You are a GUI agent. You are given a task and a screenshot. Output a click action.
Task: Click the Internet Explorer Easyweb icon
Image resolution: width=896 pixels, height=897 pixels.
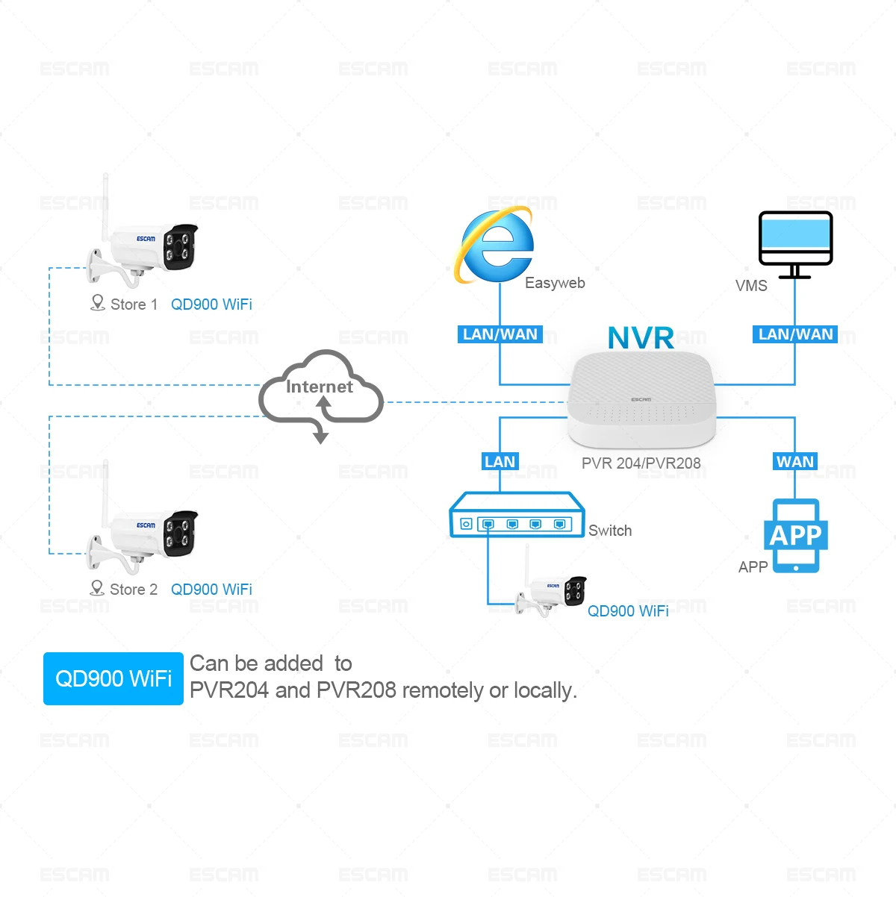[x=494, y=246]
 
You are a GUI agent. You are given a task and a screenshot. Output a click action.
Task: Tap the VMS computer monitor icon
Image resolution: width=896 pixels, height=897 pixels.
[x=795, y=244]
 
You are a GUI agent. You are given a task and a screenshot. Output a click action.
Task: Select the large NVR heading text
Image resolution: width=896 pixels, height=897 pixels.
[x=641, y=337]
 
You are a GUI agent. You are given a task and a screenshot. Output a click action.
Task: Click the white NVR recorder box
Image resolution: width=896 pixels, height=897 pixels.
[x=641, y=399]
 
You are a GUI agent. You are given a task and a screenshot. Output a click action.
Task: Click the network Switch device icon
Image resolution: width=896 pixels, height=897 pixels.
[x=516, y=514]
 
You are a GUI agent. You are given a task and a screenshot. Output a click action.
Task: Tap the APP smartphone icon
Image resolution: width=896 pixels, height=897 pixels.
[x=795, y=535]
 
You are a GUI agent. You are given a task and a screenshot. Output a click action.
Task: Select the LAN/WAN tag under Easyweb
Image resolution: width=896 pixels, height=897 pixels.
[x=500, y=334]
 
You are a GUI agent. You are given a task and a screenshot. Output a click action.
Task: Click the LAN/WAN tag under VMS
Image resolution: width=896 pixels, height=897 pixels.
[x=795, y=334]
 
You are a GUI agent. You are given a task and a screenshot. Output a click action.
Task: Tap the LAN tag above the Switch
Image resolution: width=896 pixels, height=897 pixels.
[x=500, y=461]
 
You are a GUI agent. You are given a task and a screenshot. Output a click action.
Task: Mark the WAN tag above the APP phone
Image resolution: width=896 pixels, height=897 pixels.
[x=795, y=461]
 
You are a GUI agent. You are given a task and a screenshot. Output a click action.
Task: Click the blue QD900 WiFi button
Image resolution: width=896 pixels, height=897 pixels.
[x=113, y=678]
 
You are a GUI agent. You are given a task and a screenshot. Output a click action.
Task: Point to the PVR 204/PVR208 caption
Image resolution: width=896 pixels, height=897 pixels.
[x=641, y=463]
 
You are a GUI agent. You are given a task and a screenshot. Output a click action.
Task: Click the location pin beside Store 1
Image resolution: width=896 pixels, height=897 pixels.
[x=97, y=302]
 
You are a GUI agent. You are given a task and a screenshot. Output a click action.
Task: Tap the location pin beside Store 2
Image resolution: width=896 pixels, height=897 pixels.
[x=97, y=588]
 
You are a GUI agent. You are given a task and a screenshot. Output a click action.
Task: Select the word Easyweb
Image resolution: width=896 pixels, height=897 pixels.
[x=555, y=283]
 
